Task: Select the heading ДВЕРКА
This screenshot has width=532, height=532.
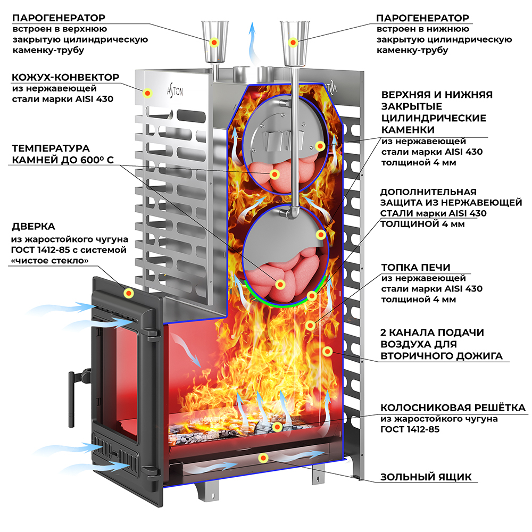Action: pyautogui.click(x=33, y=226)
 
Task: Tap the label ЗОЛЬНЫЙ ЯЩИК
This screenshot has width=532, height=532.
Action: pyautogui.click(x=426, y=477)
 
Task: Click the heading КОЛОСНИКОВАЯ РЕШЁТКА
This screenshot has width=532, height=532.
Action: pyautogui.click(x=453, y=408)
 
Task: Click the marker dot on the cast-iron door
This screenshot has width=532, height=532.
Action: pyautogui.click(x=129, y=293)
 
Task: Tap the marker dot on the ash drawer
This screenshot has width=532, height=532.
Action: pyautogui.click(x=262, y=457)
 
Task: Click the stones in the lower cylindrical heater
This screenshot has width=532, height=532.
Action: pyautogui.click(x=279, y=277)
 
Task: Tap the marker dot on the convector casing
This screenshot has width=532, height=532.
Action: pyautogui.click(x=147, y=92)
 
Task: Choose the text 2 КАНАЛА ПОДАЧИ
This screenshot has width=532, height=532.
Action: pyautogui.click(x=433, y=332)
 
